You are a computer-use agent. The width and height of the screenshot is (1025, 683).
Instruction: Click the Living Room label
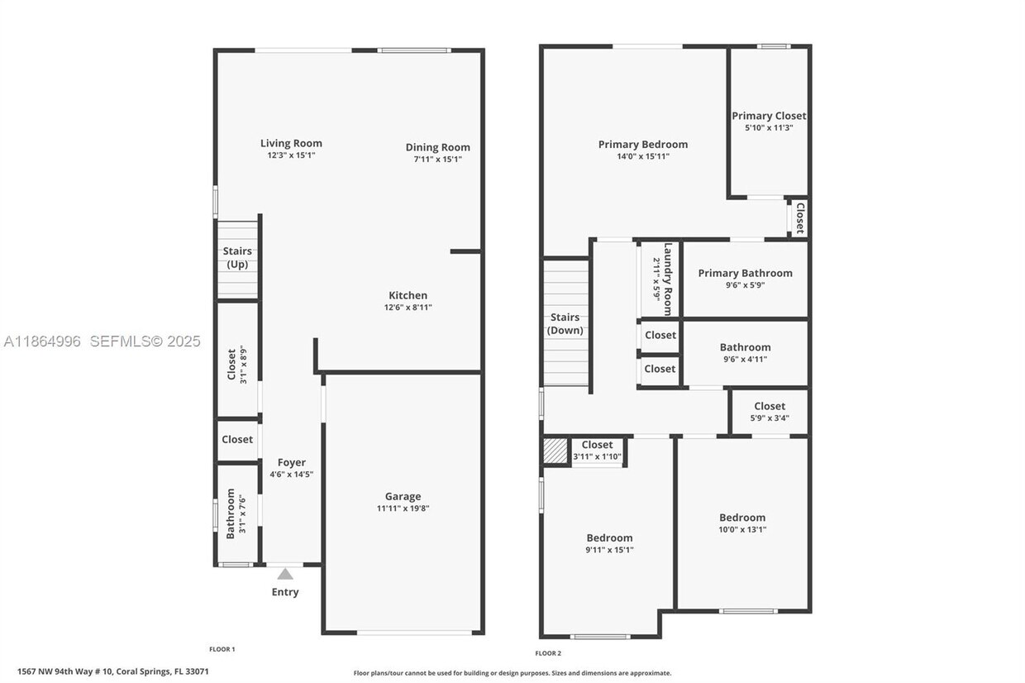coord(291,143)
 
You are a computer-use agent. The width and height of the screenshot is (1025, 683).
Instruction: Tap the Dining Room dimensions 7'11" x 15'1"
coord(437,160)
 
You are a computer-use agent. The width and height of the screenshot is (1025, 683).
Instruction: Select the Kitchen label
coord(408,295)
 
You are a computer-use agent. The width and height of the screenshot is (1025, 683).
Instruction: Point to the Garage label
coord(403,497)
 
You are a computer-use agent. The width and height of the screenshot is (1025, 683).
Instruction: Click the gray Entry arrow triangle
coord(285,574)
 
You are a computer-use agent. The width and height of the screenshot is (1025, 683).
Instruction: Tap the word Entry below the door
coord(285,592)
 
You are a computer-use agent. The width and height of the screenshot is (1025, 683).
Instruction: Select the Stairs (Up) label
coord(237,258)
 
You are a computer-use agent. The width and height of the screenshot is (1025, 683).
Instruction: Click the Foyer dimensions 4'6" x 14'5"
coord(291,475)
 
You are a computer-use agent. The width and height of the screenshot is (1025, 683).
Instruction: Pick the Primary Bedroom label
coord(642,144)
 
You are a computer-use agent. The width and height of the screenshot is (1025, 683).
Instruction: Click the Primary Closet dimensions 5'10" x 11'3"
coord(769,128)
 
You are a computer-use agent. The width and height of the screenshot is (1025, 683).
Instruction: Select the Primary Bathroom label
coord(745,273)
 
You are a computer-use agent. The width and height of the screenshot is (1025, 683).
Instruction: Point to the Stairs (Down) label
coord(565,324)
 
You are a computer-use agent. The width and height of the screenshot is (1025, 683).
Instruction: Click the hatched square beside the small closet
coord(555,451)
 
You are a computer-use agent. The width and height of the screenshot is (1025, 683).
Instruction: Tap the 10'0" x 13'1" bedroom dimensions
coord(741,530)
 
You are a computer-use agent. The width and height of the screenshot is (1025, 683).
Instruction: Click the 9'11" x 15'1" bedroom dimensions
coord(609,550)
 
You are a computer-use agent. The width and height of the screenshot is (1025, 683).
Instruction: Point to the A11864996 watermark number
coord(41,341)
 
